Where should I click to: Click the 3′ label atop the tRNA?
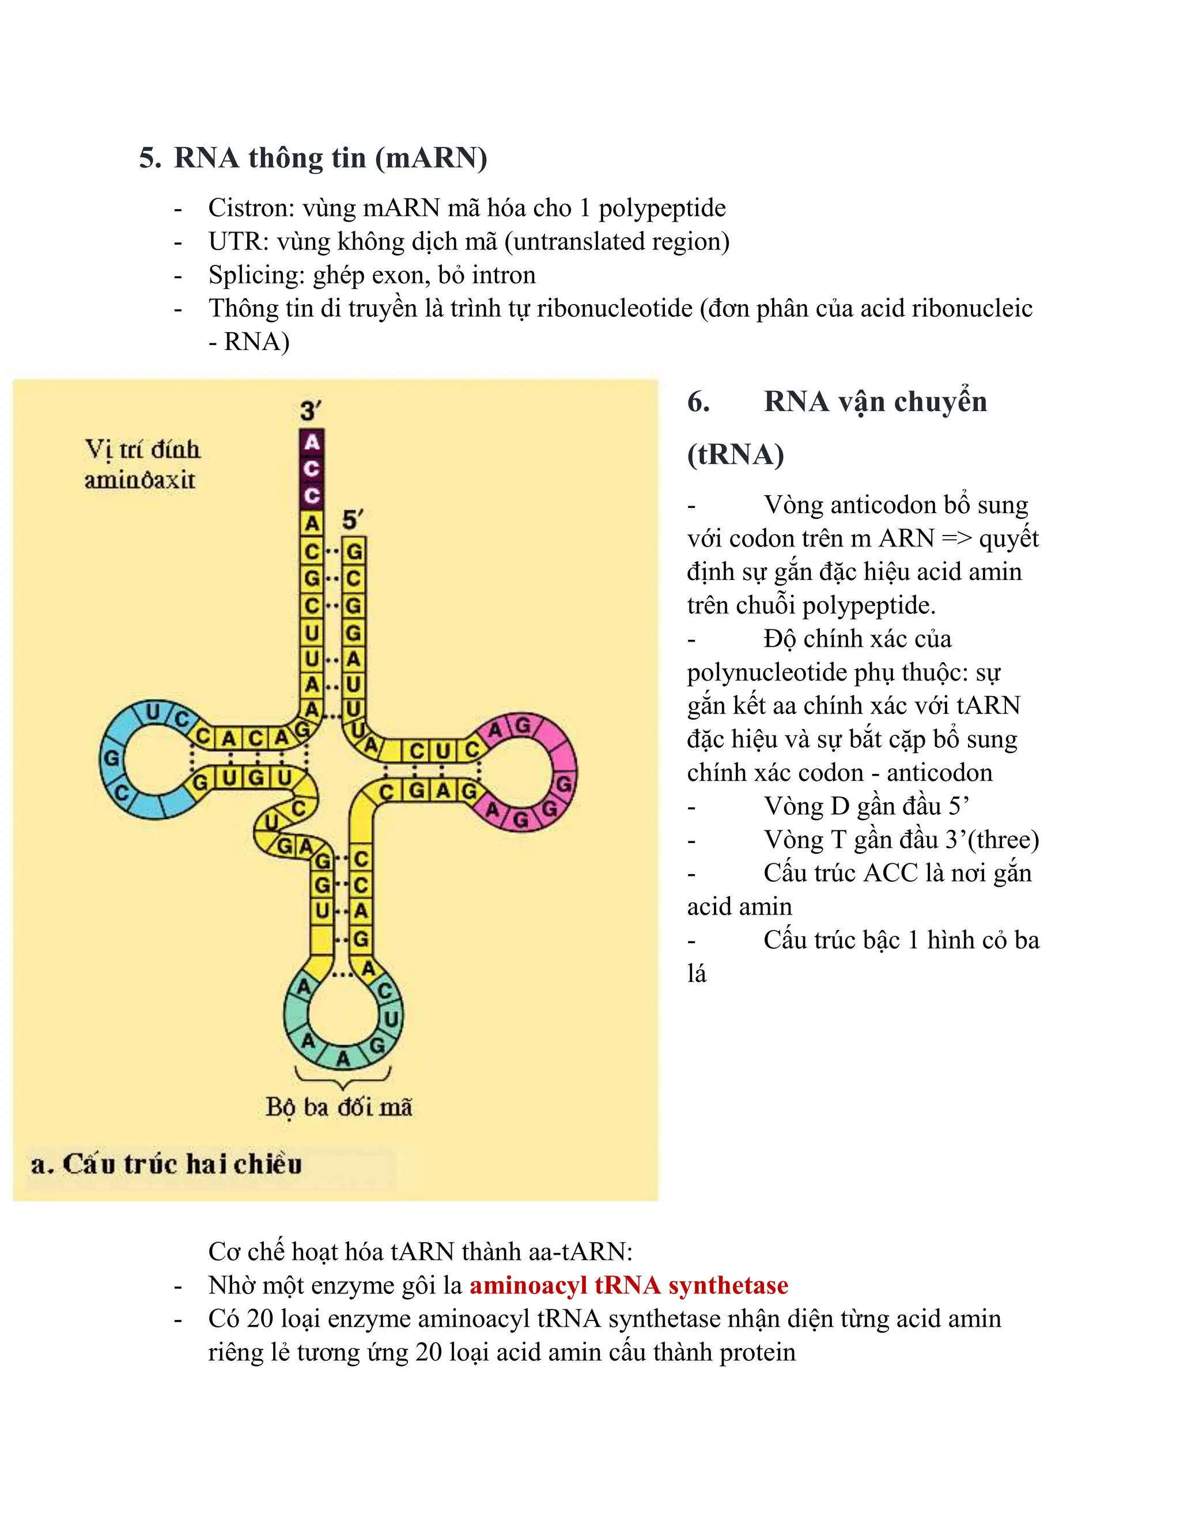pyautogui.click(x=311, y=410)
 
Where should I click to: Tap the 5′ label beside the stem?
pyautogui.click(x=352, y=520)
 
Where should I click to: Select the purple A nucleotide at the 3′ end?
pyautogui.click(x=312, y=442)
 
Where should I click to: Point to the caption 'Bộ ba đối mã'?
pyautogui.click(x=339, y=1106)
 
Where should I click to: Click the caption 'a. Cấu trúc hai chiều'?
pyautogui.click(x=167, y=1163)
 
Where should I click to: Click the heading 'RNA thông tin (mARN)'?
pyautogui.click(x=330, y=158)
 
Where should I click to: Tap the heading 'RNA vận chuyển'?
pyautogui.click(x=875, y=402)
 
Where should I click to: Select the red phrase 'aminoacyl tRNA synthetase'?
pyautogui.click(x=629, y=1284)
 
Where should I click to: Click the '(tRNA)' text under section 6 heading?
pyautogui.click(x=735, y=454)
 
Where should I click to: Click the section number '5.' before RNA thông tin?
pyautogui.click(x=150, y=158)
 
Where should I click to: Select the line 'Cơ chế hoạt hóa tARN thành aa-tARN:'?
pyautogui.click(x=420, y=1251)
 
